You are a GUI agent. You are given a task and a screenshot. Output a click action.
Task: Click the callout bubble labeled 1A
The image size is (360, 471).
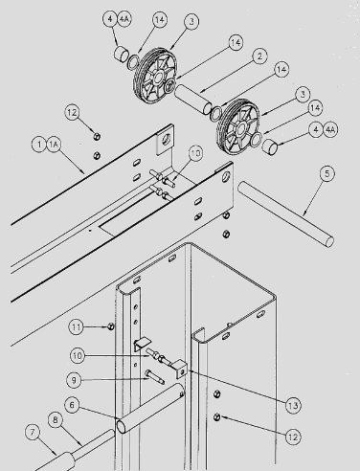coord(54,145)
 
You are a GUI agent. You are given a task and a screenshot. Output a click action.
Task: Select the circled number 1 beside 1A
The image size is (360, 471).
coord(39,145)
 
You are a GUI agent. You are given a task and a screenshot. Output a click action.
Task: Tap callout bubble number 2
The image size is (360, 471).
coord(259,56)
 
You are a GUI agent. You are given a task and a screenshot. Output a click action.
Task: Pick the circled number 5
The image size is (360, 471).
coord(327,174)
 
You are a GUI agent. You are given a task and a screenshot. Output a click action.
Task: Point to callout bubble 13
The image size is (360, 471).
coord(293,406)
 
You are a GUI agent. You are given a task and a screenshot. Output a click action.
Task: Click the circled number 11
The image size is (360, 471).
coord(77,327)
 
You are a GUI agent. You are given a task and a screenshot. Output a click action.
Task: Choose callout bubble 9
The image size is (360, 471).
coord(74,380)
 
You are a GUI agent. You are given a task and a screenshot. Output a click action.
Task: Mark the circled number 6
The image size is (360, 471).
coord(72,405)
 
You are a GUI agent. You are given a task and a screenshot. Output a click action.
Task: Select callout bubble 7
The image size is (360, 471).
coord(33,433)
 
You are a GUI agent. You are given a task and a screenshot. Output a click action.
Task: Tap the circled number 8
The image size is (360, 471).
coord(56,420)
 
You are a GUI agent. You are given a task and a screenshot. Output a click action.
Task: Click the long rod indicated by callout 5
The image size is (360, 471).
coord(285,213)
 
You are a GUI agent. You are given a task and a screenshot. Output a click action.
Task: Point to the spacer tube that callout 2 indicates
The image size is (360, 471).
coord(193,100)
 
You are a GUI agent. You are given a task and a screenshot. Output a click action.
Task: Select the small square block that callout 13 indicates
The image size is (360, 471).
coord(179,369)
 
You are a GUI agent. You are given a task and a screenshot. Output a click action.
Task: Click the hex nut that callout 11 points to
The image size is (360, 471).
coord(111,326)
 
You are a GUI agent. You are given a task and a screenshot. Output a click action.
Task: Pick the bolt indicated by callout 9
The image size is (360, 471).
coord(154,376)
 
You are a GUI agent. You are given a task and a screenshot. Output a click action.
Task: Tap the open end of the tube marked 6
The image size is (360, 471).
coord(122,427)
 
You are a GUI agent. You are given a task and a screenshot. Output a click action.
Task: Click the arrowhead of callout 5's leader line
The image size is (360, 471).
coord(304,213)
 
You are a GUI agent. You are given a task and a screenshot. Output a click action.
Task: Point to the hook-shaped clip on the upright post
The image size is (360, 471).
coord(141,344)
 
